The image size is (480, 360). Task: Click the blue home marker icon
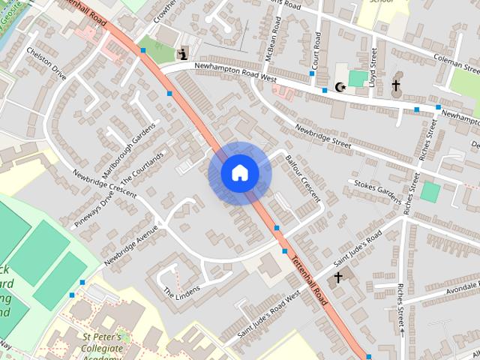(239, 173)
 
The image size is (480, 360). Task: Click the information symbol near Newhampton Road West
(183, 53)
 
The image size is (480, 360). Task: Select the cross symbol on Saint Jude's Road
(337, 278)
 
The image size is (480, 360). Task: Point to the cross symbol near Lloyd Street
(395, 86)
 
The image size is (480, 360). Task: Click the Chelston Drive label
(46, 63)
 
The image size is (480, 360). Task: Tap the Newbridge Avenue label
(132, 244)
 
